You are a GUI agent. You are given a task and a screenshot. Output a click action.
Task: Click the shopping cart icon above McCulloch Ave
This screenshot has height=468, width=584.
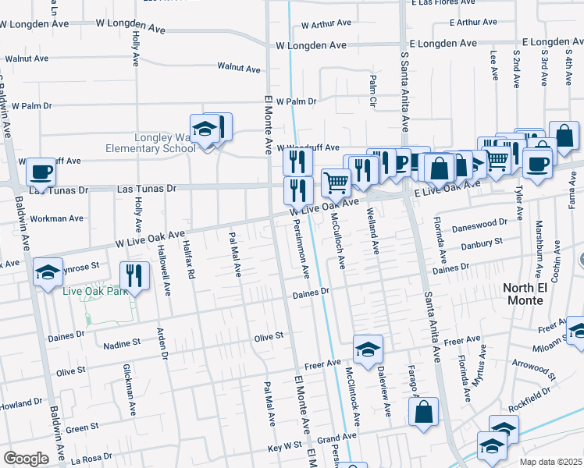coord(336,183)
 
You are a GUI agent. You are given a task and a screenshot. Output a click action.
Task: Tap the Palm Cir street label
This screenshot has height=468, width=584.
coord(373,90)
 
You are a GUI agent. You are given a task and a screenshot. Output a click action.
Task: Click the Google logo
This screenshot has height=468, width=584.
coord(26,458)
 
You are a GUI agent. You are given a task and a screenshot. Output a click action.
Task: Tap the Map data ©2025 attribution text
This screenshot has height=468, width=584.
coord(550,462)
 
